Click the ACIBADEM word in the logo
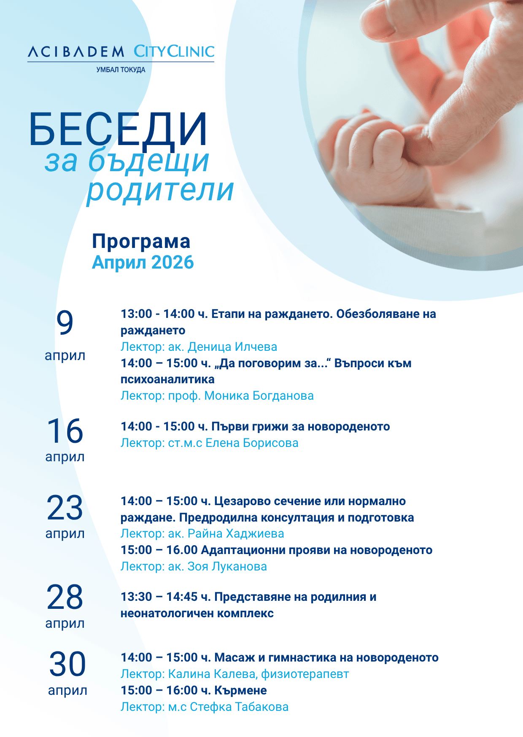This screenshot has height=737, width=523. click(x=76, y=52)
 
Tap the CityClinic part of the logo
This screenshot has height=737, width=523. click(x=174, y=51)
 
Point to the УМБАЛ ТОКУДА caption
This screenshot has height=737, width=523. click(x=121, y=70)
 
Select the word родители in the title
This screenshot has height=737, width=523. click(x=160, y=191)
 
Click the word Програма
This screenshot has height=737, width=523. click(x=141, y=242)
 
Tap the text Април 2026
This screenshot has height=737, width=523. click(x=143, y=262)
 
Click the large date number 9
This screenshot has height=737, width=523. click(x=65, y=323)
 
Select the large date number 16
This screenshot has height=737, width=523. click(x=65, y=431)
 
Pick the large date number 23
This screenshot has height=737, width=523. click(x=65, y=508)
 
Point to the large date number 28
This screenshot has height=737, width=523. click(x=65, y=597)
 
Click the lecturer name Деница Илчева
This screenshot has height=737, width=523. click(x=232, y=347)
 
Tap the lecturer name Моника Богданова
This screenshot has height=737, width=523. click(x=259, y=396)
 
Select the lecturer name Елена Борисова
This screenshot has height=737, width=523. click(x=252, y=443)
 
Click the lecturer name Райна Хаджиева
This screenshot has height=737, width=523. click(x=236, y=534)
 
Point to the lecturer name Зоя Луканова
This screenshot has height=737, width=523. click(x=227, y=567)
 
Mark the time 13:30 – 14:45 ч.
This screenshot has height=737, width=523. click(x=166, y=597)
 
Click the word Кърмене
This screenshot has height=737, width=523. click(x=241, y=691)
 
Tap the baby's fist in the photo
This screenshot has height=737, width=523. click(x=371, y=156)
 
